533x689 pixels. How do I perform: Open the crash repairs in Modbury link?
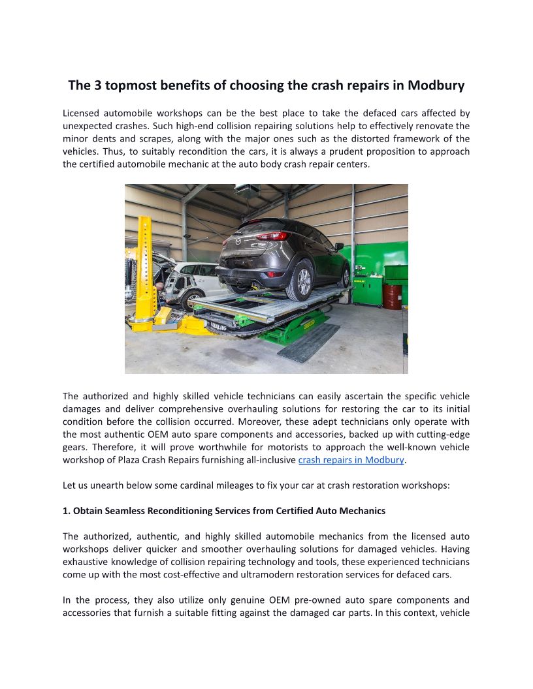click(x=351, y=460)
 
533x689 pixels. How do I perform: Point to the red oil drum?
click(x=392, y=296)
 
